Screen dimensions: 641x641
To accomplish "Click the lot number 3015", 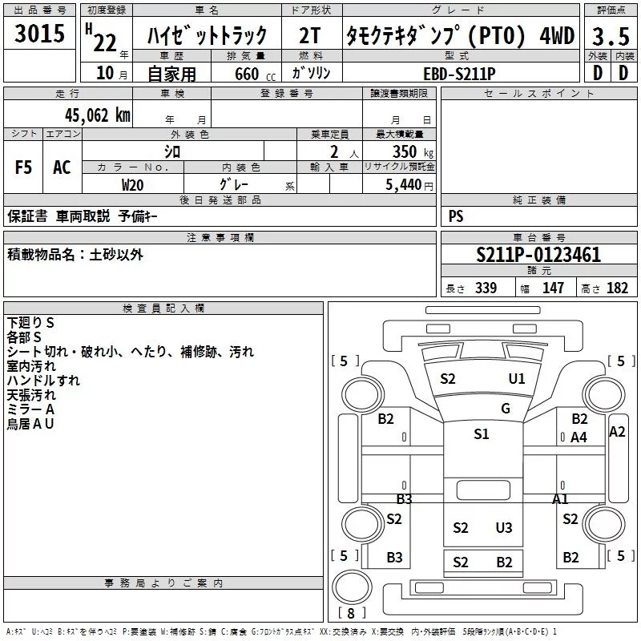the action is [40, 35].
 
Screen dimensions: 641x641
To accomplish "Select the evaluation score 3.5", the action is [610, 36].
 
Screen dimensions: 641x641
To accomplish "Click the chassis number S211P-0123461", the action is [538, 256].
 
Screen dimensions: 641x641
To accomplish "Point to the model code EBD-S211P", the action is [459, 73].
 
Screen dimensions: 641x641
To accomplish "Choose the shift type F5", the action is [23, 167].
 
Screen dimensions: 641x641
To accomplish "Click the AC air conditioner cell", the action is [62, 167].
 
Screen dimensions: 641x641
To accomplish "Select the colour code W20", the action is [132, 184].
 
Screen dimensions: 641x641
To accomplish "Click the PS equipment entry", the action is [456, 216].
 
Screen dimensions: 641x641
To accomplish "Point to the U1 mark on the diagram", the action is [517, 378].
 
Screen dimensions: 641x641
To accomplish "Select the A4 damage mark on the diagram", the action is [579, 437].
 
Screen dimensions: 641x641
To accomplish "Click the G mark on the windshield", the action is [506, 409].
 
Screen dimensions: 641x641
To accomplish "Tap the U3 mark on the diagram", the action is [504, 527].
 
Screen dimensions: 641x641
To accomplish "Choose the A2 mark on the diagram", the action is [617, 432].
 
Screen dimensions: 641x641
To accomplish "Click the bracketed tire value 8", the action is [352, 613].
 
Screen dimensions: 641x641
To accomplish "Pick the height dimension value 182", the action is [618, 288].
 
